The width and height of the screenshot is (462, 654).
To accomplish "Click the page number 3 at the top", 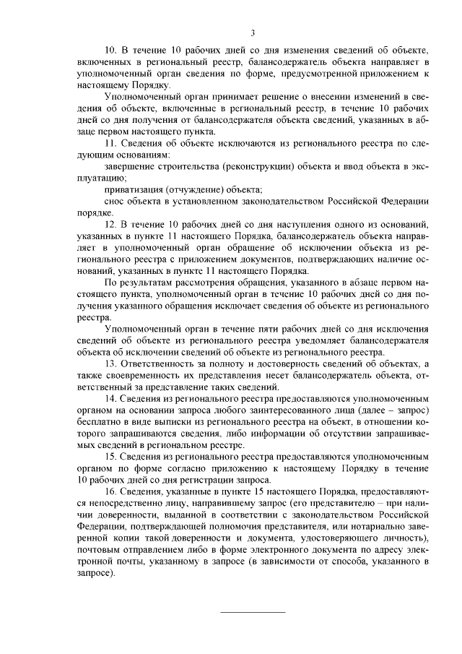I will tap(253, 32).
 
